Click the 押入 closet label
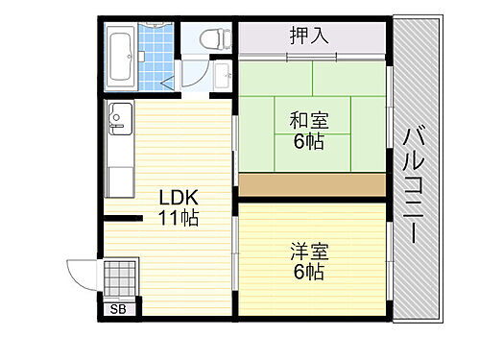point(309,37)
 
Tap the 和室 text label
point(308,121)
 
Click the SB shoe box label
point(119,309)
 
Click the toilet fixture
point(213,38)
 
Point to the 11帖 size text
point(179,219)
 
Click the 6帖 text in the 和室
point(308,142)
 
